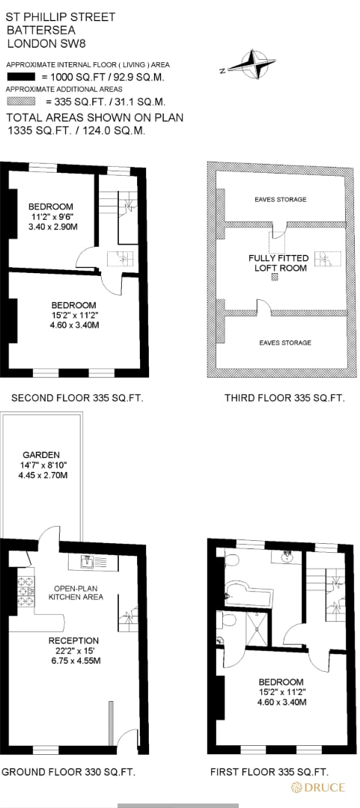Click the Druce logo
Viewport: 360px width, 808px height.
click(320, 787)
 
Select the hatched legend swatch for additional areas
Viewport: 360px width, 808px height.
click(21, 101)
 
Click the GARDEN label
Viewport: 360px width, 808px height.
click(40, 455)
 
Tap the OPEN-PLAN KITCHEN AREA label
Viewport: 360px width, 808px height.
click(76, 592)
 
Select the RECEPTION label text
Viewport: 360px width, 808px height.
click(73, 640)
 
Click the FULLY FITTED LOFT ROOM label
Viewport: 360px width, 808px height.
click(278, 263)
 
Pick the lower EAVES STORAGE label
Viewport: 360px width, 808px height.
click(284, 343)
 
